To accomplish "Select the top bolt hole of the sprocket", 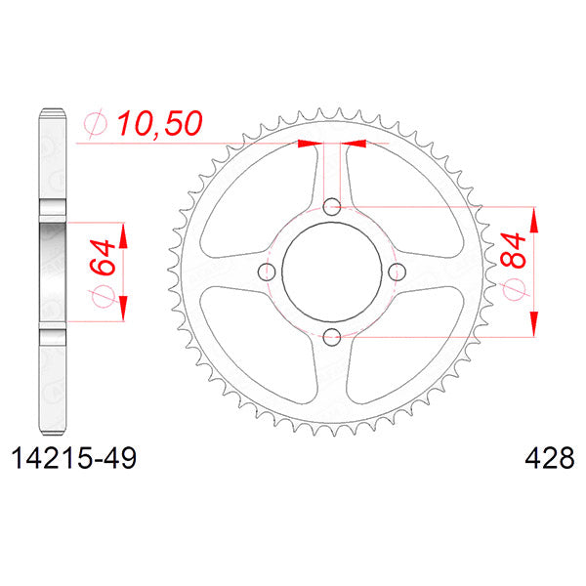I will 332,206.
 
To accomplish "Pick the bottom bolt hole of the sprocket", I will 332,338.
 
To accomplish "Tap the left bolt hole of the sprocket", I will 267,272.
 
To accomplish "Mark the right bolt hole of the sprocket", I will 398,272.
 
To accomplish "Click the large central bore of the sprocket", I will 332,272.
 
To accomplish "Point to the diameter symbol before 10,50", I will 97,123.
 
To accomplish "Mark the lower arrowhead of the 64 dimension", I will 123,311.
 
